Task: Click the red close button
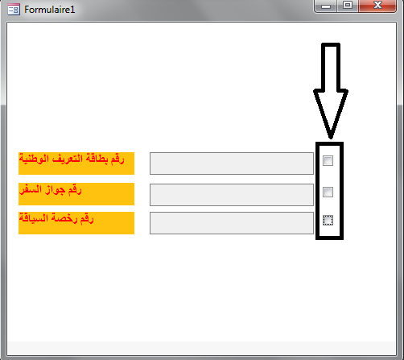377,6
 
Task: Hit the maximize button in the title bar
348,6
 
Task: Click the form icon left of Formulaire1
14,10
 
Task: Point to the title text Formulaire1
50,10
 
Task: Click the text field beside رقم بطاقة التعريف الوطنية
232,163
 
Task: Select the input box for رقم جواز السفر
232,195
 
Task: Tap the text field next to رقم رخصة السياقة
232,223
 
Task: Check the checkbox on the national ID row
328,161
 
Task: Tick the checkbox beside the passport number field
328,192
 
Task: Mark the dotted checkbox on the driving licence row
328,221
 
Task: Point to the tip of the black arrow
331,138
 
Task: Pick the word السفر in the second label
31,190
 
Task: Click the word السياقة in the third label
34,218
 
